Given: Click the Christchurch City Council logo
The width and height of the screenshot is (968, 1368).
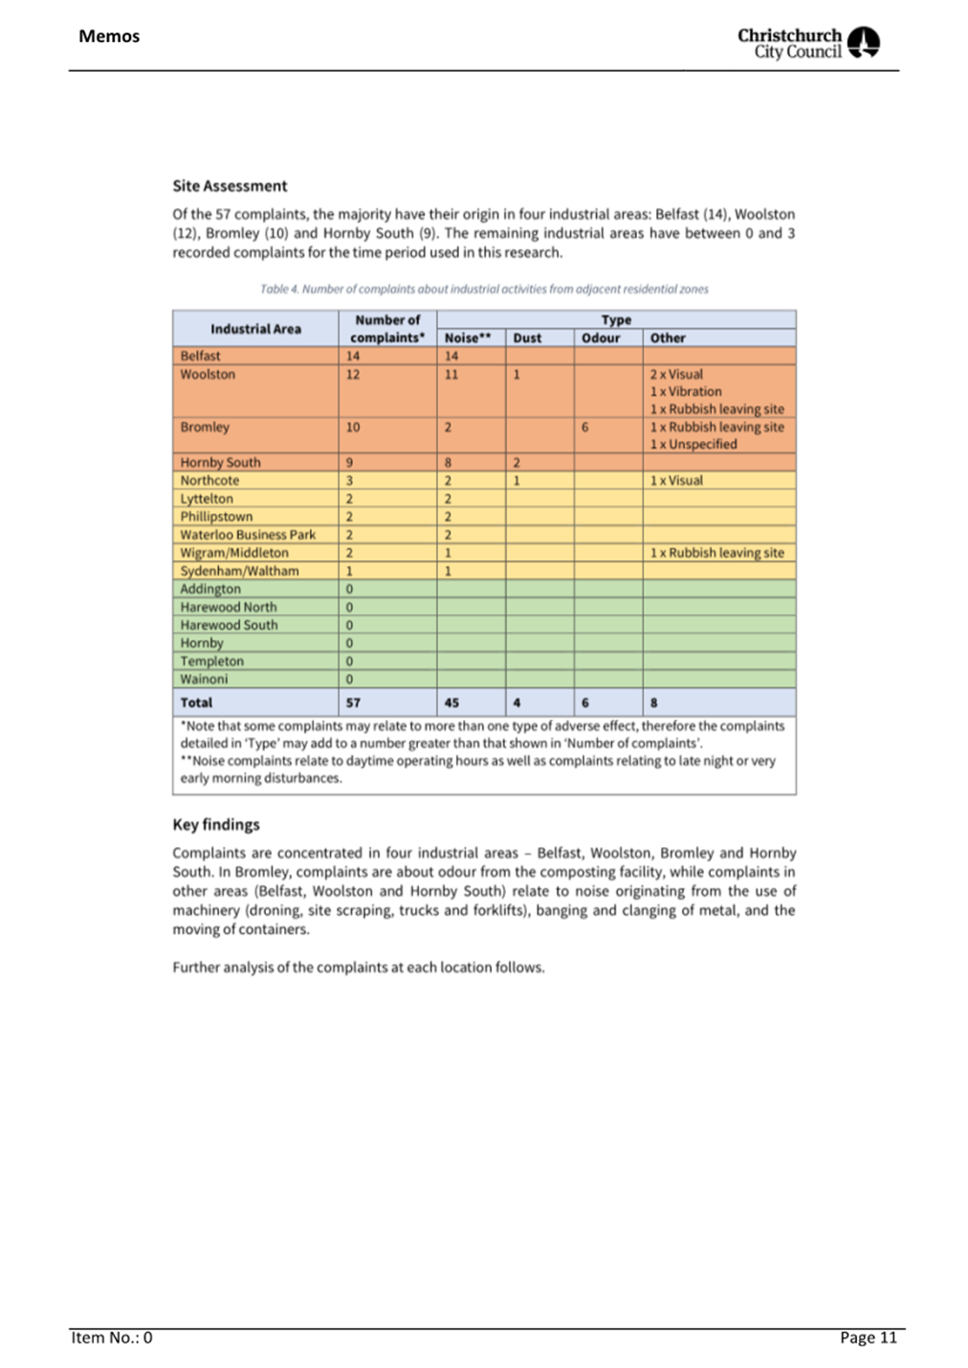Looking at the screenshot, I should click(x=808, y=43).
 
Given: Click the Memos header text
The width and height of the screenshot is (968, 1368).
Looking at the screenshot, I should click(x=109, y=36).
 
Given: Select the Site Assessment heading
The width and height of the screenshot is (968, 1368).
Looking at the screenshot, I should click(x=230, y=185).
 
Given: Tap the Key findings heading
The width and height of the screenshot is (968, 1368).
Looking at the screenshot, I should click(x=216, y=824).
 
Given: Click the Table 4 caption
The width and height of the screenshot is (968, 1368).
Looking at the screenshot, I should click(x=484, y=289).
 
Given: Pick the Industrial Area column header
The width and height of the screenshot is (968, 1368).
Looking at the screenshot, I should click(x=255, y=329).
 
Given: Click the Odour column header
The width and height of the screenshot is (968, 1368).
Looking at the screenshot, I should click(x=601, y=337).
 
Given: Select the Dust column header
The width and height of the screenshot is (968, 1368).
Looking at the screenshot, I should click(x=527, y=337).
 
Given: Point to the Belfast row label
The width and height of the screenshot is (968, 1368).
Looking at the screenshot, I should click(x=201, y=356).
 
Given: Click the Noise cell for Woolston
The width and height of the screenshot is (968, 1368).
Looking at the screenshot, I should click(x=451, y=375).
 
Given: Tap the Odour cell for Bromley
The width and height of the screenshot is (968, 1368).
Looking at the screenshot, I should click(x=585, y=427).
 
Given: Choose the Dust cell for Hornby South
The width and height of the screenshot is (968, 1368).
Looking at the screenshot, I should click(x=517, y=463).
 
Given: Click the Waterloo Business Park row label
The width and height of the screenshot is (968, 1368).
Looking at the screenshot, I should click(x=248, y=534).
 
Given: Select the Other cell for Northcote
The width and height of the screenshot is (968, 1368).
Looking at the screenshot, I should click(x=676, y=481).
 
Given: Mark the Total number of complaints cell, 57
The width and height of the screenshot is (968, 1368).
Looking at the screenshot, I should click(x=354, y=703).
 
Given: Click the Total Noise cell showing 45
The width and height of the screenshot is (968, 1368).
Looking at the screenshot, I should click(x=451, y=703).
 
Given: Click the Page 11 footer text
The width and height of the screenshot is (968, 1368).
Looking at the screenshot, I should click(x=869, y=1337).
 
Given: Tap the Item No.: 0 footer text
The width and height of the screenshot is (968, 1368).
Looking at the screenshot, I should click(x=112, y=1337).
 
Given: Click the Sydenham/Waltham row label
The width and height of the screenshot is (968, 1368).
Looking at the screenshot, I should click(x=239, y=571).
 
